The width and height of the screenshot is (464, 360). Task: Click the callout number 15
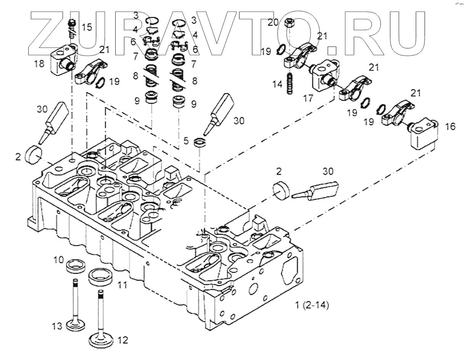click(x=87, y=27)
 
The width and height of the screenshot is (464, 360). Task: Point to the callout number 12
click(x=123, y=339)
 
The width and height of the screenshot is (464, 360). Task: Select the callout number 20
click(x=273, y=23)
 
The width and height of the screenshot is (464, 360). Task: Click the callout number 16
click(x=450, y=126)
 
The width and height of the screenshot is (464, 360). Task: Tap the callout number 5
click(x=186, y=140)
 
